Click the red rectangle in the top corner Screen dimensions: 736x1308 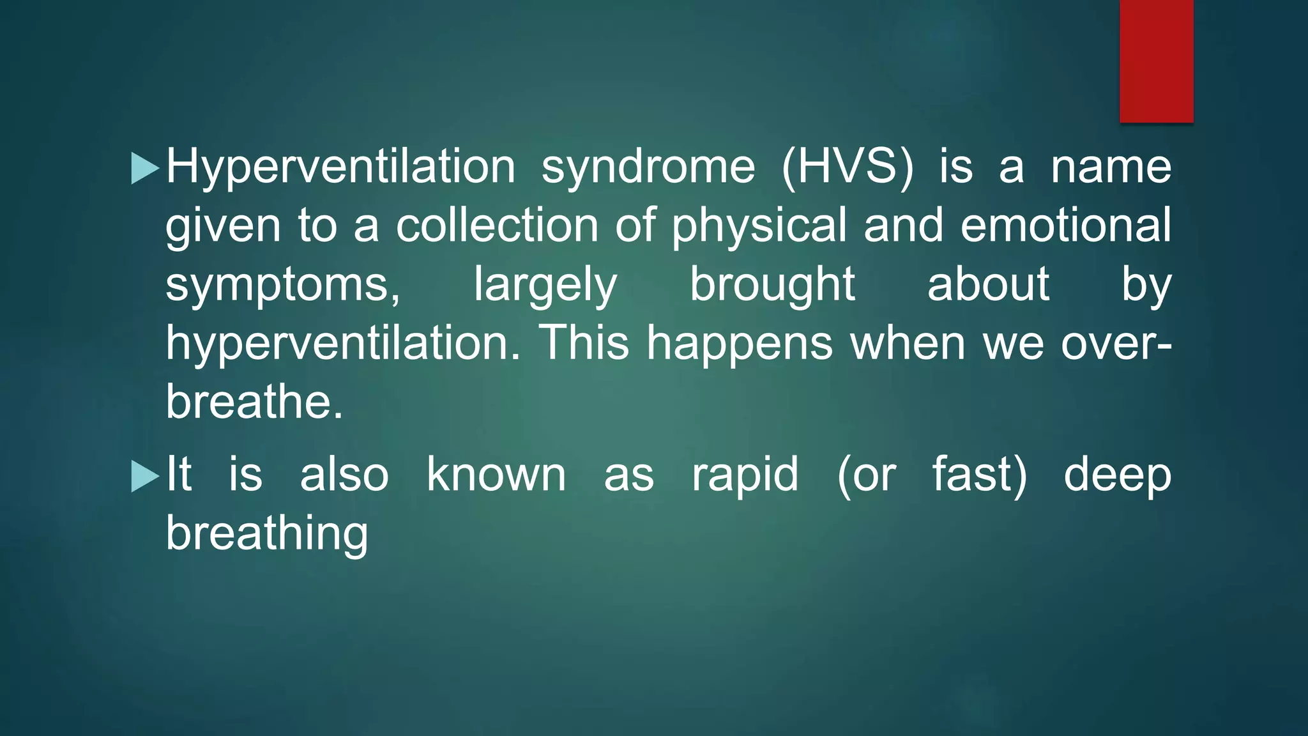1156,61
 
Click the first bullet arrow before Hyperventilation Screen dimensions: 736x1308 144,169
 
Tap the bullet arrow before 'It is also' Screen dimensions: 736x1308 144,477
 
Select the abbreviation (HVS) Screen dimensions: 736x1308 848,167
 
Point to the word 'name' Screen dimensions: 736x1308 1111,167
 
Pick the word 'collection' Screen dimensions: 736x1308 497,226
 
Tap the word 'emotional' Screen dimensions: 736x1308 1066,226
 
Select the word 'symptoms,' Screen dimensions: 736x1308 283,286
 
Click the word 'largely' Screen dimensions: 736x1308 545,286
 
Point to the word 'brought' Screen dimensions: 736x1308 772,286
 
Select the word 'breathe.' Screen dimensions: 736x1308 254,402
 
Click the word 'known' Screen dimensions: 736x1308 496,475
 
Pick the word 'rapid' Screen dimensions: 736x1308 745,476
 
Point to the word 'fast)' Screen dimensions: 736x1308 980,475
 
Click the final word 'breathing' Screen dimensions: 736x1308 267,535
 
